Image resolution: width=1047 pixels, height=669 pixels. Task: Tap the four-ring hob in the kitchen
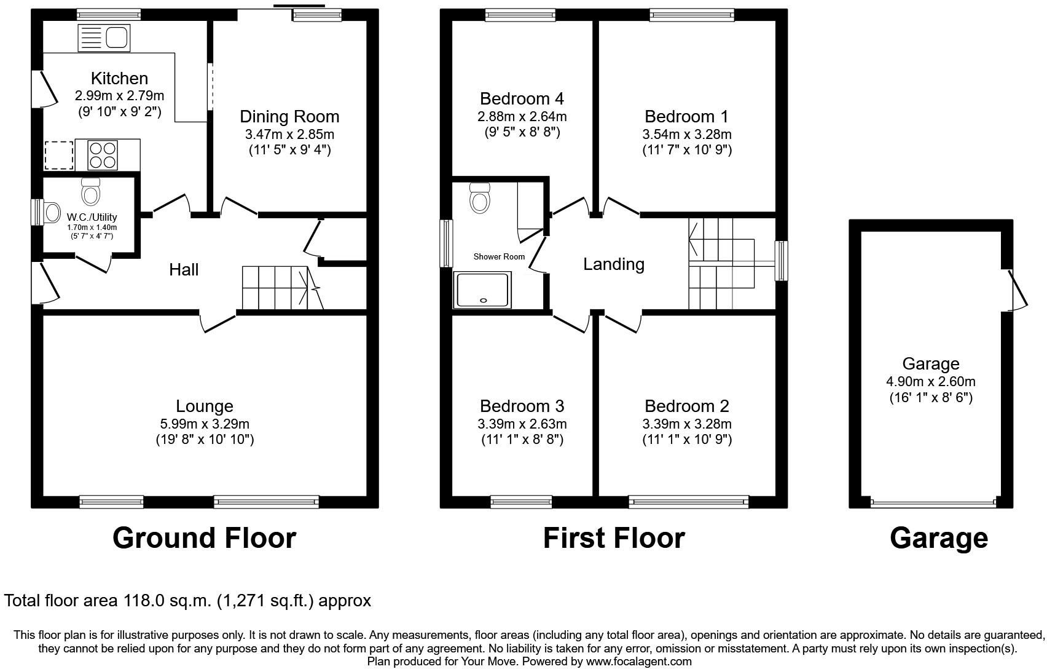point(103,155)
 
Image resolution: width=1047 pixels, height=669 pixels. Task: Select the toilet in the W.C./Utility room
point(91,192)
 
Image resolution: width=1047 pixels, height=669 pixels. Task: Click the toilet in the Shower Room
point(479,198)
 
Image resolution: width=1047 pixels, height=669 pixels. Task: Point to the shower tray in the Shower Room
point(483,290)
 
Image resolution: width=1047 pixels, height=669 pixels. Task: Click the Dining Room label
point(289,116)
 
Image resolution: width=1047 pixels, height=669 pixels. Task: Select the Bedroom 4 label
point(522,98)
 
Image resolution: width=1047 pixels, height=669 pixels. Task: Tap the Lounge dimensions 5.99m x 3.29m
point(205,424)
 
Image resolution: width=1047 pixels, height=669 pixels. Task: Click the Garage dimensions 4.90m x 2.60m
point(931,381)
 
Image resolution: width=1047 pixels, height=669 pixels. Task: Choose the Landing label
point(614,264)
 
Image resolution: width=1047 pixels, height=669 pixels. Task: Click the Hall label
point(184,269)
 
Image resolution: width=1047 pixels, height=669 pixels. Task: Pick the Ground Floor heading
point(204,538)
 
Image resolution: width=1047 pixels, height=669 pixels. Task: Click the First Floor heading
point(614,538)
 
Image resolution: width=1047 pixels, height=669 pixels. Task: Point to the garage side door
point(1017,290)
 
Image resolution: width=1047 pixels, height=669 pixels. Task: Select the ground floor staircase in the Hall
point(280,288)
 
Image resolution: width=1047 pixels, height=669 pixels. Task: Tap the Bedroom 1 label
point(686,116)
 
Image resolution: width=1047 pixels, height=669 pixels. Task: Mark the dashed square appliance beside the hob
point(59,155)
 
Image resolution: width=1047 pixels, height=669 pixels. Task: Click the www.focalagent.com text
point(638,662)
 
